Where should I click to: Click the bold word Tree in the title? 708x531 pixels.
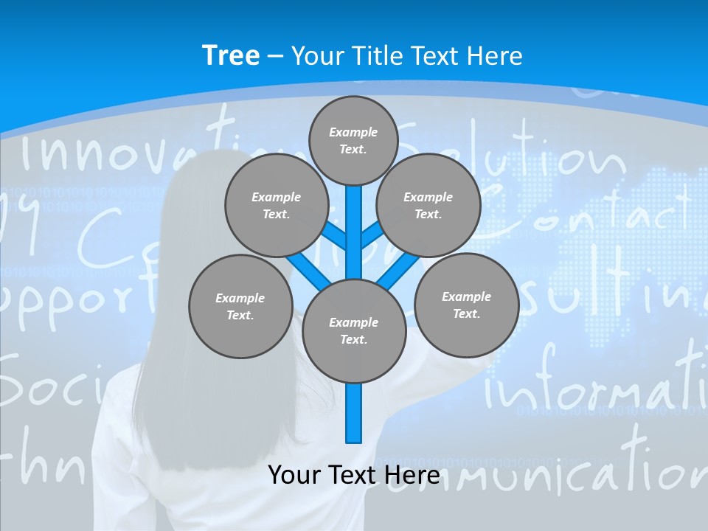click(x=231, y=56)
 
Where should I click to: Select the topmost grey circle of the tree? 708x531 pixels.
click(x=353, y=140)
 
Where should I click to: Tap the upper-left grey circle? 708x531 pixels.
click(x=276, y=205)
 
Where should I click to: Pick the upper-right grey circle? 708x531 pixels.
click(x=428, y=205)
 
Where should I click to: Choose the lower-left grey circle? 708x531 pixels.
click(x=240, y=306)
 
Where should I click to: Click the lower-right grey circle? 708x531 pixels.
click(x=466, y=305)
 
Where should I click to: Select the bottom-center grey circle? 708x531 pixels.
click(x=354, y=330)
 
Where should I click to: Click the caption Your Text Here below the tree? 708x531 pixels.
click(x=353, y=475)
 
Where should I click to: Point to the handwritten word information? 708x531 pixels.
click(x=590, y=383)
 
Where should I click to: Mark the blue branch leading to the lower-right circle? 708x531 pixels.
click(x=399, y=270)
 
